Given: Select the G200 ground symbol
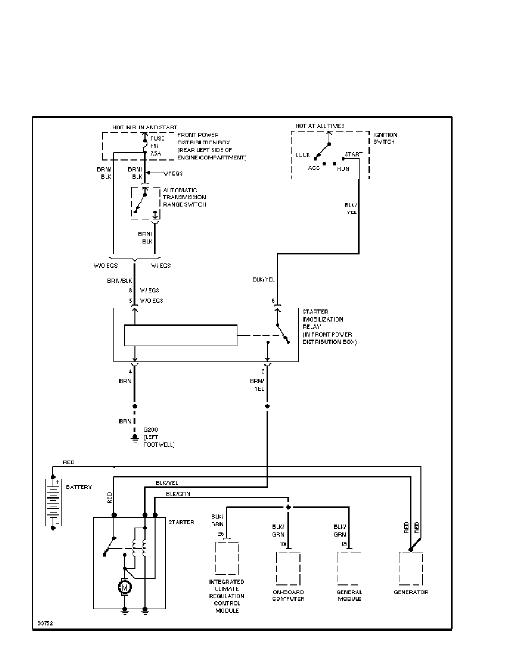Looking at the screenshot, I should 134,438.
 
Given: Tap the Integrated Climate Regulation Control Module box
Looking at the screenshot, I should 227,558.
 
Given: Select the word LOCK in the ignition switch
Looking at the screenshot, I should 303,155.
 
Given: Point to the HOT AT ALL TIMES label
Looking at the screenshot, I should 320,126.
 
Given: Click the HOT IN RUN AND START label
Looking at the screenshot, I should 145,128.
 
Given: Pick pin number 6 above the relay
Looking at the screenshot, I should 273,301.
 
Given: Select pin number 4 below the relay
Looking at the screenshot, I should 131,371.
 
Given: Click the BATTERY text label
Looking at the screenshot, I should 79,487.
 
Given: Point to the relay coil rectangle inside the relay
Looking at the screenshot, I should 181,335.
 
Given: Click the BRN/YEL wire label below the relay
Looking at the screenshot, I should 257,386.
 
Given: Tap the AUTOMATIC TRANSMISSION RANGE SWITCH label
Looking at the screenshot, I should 184,197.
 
